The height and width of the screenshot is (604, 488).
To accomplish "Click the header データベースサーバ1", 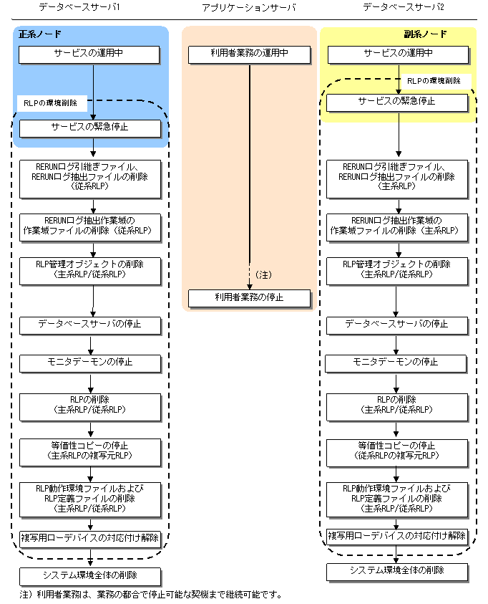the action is pyautogui.click(x=79, y=7).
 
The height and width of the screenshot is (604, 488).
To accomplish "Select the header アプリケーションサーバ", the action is pyautogui.click(x=249, y=7).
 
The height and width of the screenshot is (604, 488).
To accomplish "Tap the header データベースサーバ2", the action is pyautogui.click(x=404, y=7).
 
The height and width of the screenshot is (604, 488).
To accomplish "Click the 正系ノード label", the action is pyautogui.click(x=40, y=34).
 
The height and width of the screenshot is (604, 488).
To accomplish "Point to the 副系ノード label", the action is pyautogui.click(x=425, y=34).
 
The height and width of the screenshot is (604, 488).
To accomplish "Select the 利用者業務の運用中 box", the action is pyautogui.click(x=249, y=54).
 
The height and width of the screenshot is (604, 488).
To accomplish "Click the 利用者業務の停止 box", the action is pyautogui.click(x=249, y=298).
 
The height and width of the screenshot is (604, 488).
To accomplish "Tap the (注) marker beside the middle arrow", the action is pyautogui.click(x=263, y=274).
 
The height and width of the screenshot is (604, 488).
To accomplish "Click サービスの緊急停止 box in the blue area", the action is pyautogui.click(x=90, y=128).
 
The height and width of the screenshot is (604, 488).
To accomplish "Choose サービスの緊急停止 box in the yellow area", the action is pyautogui.click(x=397, y=103).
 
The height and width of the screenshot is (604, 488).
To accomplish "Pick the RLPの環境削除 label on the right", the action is pyautogui.click(x=434, y=81).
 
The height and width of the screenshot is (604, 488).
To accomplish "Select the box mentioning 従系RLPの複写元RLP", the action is pyautogui.click(x=397, y=453).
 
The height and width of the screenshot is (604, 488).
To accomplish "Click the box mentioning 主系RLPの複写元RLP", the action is pyautogui.click(x=90, y=452).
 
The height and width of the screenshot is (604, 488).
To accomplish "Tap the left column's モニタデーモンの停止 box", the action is pyautogui.click(x=90, y=364).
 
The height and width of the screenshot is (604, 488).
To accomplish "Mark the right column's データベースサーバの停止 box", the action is pyautogui.click(x=397, y=325).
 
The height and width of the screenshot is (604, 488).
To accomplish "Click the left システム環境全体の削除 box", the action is pyautogui.click(x=90, y=577).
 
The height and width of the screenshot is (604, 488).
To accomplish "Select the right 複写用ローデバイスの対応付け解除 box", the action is pyautogui.click(x=397, y=537).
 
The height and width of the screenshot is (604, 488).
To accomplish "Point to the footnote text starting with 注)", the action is pyautogui.click(x=150, y=595).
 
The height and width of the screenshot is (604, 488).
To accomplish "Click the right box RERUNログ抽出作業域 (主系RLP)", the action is pyautogui.click(x=397, y=228).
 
